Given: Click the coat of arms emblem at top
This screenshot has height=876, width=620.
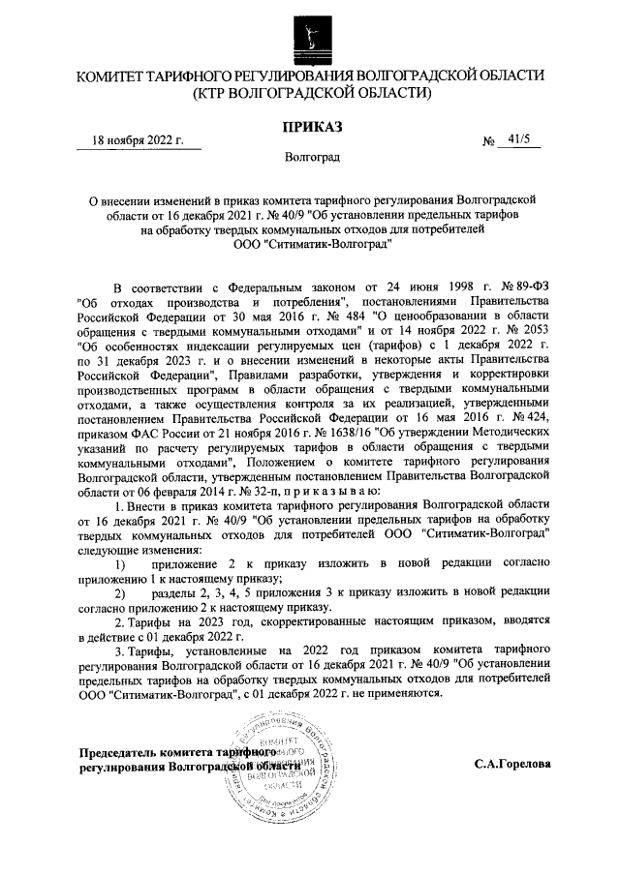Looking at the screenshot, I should pyautogui.click(x=310, y=35).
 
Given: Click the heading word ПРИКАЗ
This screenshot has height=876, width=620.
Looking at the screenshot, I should pyautogui.click(x=309, y=126).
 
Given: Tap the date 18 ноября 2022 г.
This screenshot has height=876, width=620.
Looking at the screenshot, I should pyautogui.click(x=139, y=140).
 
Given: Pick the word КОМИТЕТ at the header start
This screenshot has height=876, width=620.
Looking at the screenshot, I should pyautogui.click(x=116, y=76).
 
